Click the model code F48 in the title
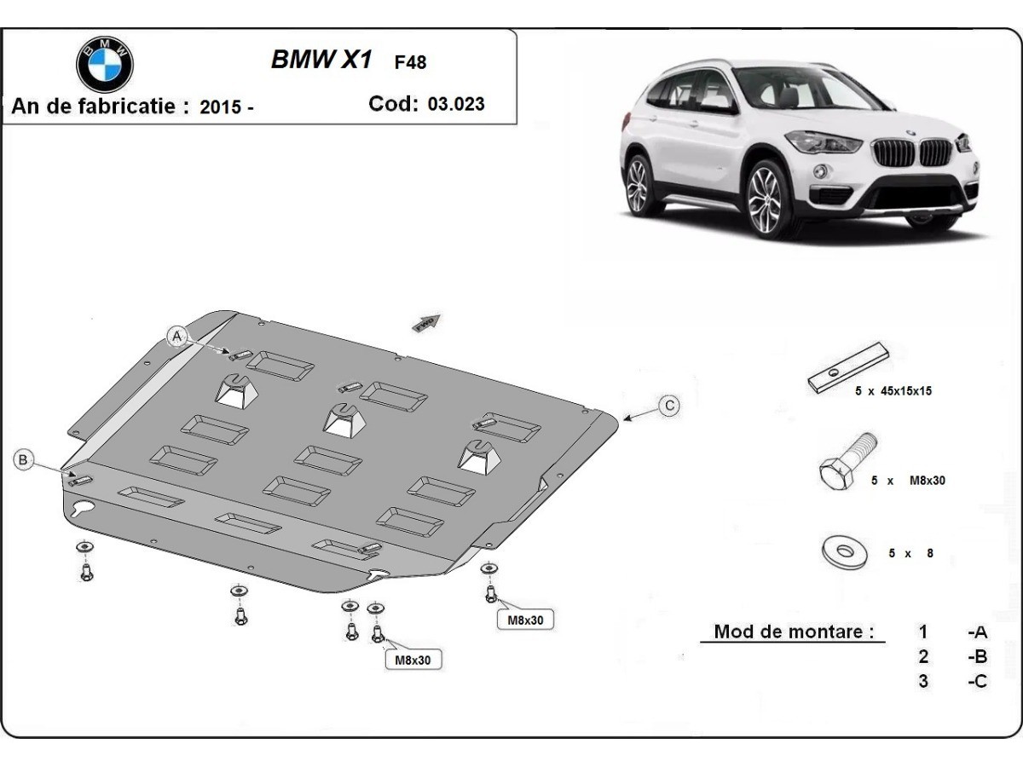point(410,62)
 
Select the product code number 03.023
point(456,104)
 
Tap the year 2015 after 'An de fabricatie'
point(219,107)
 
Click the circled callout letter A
point(177,337)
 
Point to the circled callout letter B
point(23,460)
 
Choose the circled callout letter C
point(670,406)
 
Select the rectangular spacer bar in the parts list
point(848,367)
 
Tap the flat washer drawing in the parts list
point(846,550)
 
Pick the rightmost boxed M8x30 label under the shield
point(525,620)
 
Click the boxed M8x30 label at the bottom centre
point(413,660)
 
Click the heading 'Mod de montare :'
point(794,631)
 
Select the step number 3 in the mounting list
point(923,681)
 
